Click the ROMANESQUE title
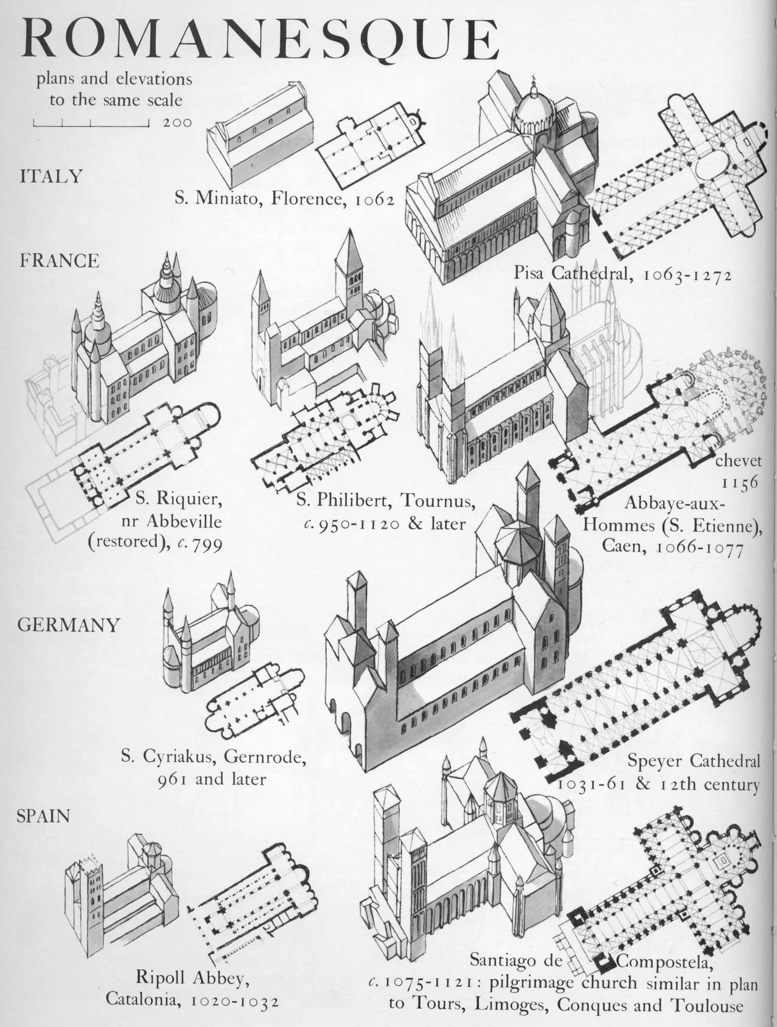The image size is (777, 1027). click(260, 39)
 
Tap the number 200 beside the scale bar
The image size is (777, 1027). click(177, 123)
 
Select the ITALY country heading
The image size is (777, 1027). click(51, 177)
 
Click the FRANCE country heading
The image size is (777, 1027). click(60, 261)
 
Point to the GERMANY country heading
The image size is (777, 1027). click(69, 625)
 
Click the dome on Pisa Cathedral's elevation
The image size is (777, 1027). click(533, 111)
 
